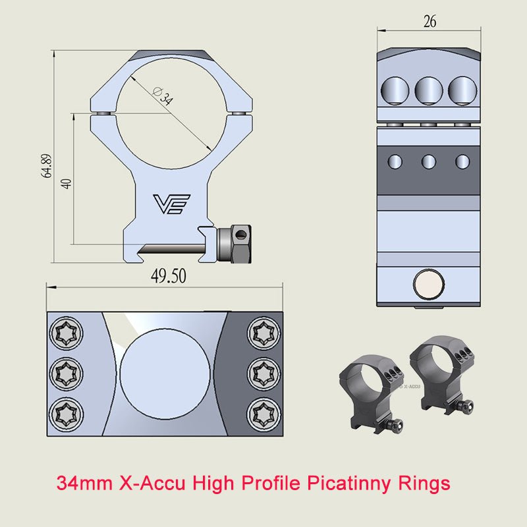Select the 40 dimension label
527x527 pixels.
(x=65, y=182)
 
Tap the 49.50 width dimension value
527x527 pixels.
(x=169, y=276)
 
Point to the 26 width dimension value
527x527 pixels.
(x=429, y=22)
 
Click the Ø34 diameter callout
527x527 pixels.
(x=163, y=97)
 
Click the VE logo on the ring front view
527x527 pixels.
(x=171, y=204)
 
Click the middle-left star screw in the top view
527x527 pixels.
(x=67, y=374)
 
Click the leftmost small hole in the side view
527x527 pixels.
(x=396, y=160)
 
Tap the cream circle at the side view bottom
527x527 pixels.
(x=428, y=285)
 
